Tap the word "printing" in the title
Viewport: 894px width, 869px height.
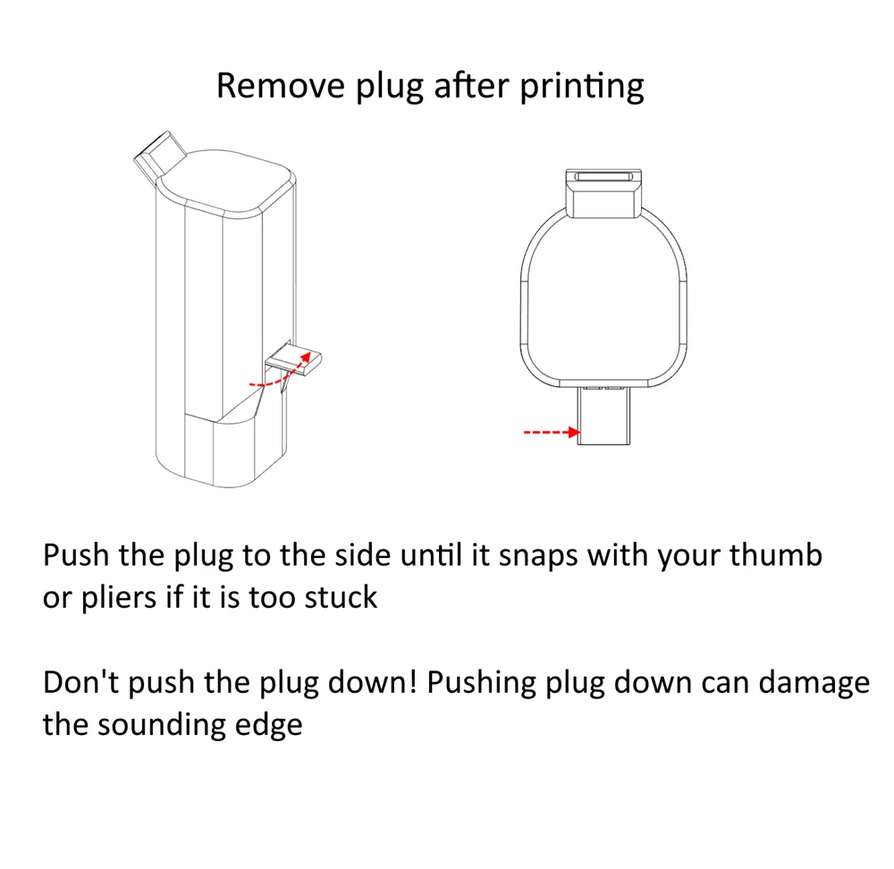pos(582,88)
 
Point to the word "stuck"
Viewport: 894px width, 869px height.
pos(341,597)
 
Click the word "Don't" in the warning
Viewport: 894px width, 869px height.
pos(80,682)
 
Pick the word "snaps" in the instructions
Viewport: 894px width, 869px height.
pos(539,556)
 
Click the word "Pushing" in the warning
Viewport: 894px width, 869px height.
pos(482,683)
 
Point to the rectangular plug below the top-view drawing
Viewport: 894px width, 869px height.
pos(603,416)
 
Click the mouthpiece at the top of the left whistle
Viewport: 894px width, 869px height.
pos(160,154)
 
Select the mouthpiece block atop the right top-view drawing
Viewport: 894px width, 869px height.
pos(603,193)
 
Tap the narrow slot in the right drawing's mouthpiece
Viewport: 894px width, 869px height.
pos(603,177)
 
